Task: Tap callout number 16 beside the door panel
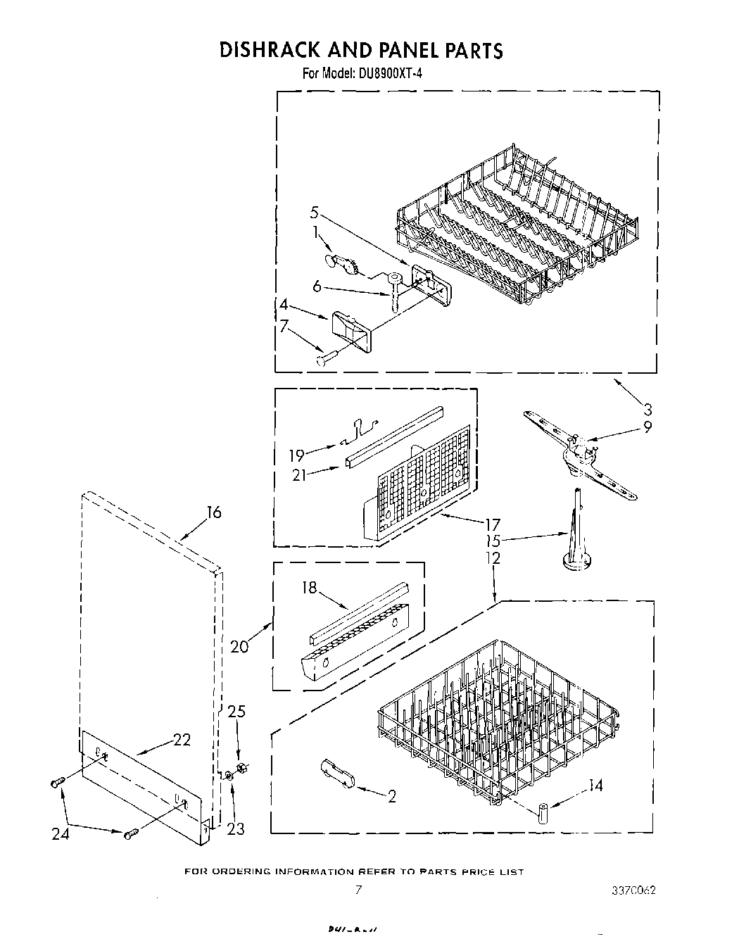(213, 512)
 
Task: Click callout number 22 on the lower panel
(181, 740)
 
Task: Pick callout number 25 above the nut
(236, 712)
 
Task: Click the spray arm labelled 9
(581, 451)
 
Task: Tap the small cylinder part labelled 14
(543, 812)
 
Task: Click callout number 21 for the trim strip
(299, 474)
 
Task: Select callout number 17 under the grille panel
(492, 524)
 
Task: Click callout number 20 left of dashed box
(239, 645)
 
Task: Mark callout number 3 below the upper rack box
(648, 408)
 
